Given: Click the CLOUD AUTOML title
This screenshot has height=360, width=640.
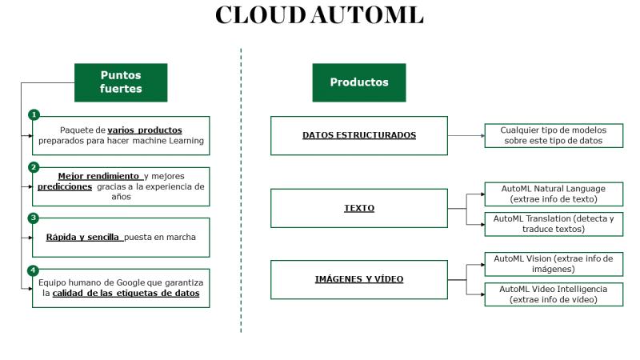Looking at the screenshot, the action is (319, 15).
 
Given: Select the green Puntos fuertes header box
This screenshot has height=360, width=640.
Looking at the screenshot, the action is (121, 82).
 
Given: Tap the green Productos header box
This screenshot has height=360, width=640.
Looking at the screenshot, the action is (359, 82).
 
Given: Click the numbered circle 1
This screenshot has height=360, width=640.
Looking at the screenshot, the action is (34, 114).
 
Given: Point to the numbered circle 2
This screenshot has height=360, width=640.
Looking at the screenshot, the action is (34, 167).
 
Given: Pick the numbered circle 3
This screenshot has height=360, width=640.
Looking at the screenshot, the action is (34, 218).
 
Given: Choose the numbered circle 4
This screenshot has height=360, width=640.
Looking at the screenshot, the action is (33, 270).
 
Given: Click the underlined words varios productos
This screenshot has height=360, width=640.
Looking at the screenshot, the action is (145, 130).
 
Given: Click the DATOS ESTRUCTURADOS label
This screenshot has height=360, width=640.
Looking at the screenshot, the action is (359, 135).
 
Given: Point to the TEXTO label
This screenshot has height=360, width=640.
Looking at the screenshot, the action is (359, 208).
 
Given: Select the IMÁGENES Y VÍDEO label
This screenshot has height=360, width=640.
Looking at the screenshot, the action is (359, 279).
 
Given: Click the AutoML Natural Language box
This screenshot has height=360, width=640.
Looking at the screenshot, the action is (554, 194).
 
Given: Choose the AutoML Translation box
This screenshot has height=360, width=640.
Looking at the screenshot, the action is (554, 224).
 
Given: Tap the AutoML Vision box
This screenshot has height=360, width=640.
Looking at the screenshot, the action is (554, 264).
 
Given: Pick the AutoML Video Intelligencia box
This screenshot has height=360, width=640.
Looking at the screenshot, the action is (554, 294).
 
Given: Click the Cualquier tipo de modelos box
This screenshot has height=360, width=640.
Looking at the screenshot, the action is (554, 135).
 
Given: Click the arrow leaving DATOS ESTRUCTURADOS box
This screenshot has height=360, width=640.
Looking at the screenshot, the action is (466, 135).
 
